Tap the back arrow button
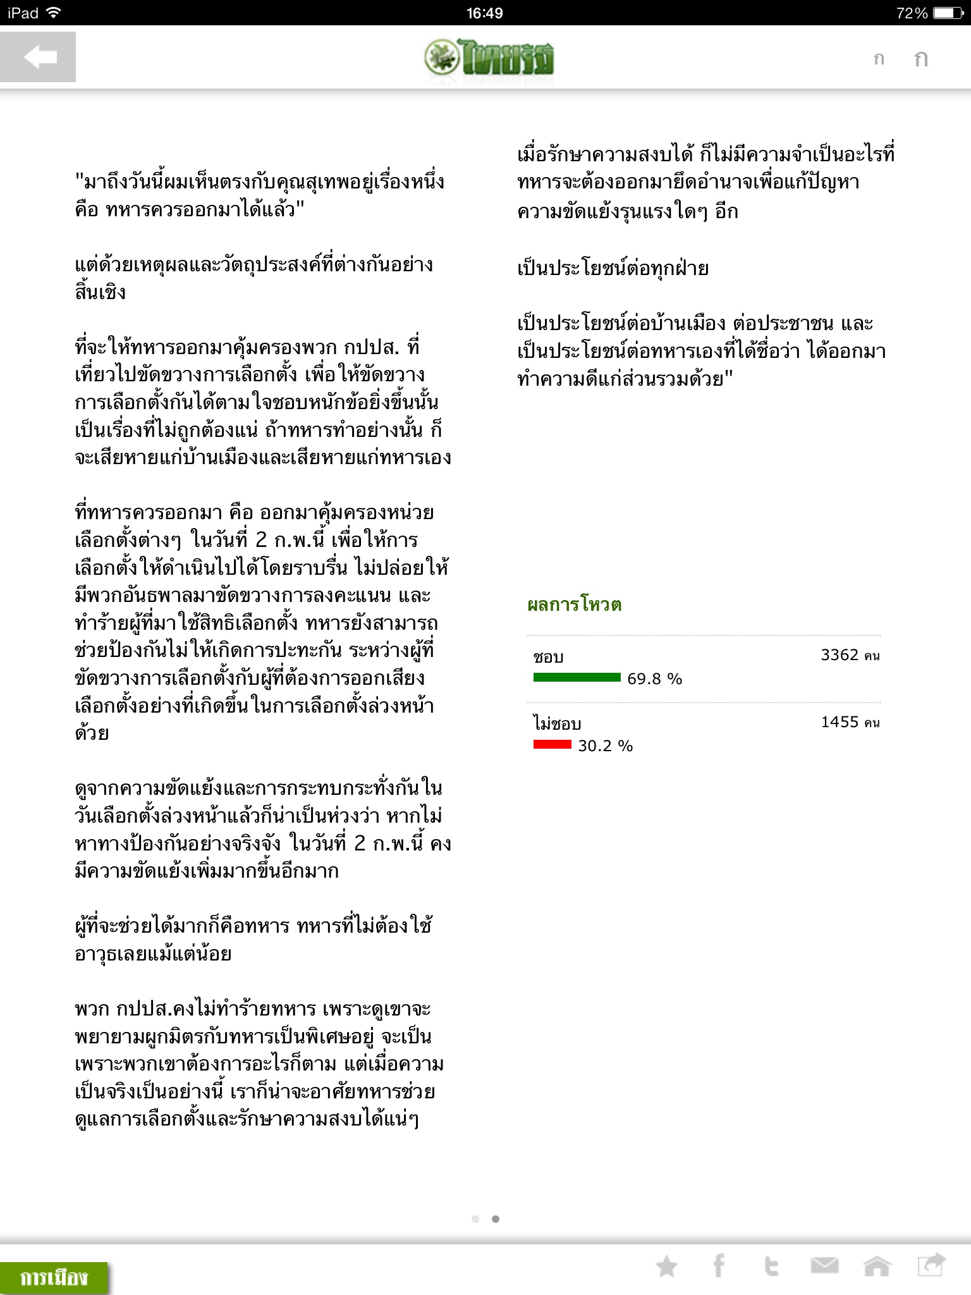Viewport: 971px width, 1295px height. click(x=38, y=57)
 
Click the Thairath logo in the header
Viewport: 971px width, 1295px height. click(x=489, y=58)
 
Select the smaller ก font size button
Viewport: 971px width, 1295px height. click(x=878, y=59)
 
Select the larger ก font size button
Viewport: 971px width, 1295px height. click(x=920, y=59)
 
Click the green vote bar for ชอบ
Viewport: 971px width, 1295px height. click(x=577, y=678)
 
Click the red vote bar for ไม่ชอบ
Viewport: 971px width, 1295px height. click(x=552, y=745)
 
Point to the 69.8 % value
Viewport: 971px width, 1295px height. click(x=654, y=679)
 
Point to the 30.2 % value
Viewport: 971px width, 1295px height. click(x=605, y=746)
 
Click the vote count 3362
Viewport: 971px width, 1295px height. click(x=840, y=655)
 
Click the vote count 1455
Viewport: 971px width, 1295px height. click(x=840, y=722)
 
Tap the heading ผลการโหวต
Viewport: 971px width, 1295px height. click(x=574, y=605)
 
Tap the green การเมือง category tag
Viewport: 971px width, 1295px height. click(x=54, y=1277)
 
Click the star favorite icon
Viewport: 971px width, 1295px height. click(x=666, y=1267)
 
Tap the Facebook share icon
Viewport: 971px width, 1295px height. click(x=719, y=1266)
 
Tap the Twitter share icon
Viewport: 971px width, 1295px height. click(x=771, y=1266)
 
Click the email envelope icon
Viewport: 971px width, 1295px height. click(x=824, y=1266)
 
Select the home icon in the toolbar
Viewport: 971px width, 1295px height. click(x=877, y=1266)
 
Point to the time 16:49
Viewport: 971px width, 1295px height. click(x=485, y=13)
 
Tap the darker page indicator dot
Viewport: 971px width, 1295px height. click(x=496, y=1219)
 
